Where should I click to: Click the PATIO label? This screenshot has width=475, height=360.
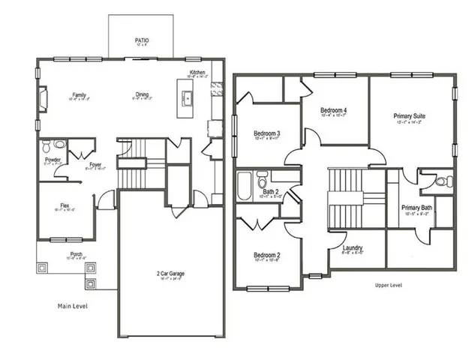coord(141,40)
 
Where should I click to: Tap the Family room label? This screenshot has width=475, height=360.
coord(79,95)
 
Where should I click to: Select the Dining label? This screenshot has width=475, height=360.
coord(142,95)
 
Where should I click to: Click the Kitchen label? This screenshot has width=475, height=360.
coord(197,73)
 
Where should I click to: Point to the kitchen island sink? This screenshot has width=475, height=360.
coord(188,97)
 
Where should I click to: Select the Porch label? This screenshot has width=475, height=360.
coord(76,254)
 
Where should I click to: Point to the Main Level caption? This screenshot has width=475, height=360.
coord(74,306)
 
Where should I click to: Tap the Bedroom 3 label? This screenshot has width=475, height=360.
coord(266,134)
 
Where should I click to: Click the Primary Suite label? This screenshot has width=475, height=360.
coord(409,116)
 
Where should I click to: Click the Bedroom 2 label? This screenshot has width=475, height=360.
coord(266,255)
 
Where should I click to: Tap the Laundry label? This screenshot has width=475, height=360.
coord(353,248)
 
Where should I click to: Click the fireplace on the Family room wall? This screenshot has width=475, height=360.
coord(44,97)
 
